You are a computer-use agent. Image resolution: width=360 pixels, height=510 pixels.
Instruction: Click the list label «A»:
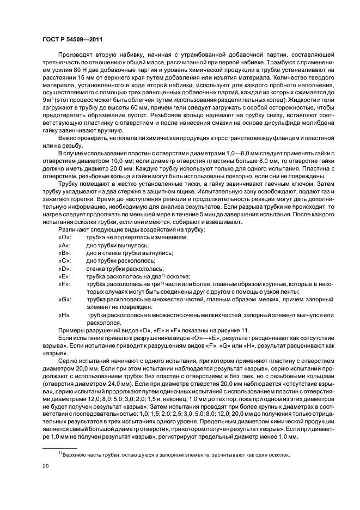[x=64, y=246]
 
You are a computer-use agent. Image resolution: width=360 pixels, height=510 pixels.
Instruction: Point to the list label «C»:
[x=64, y=262]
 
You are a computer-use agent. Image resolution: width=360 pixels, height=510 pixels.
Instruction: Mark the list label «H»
[x=64, y=315]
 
